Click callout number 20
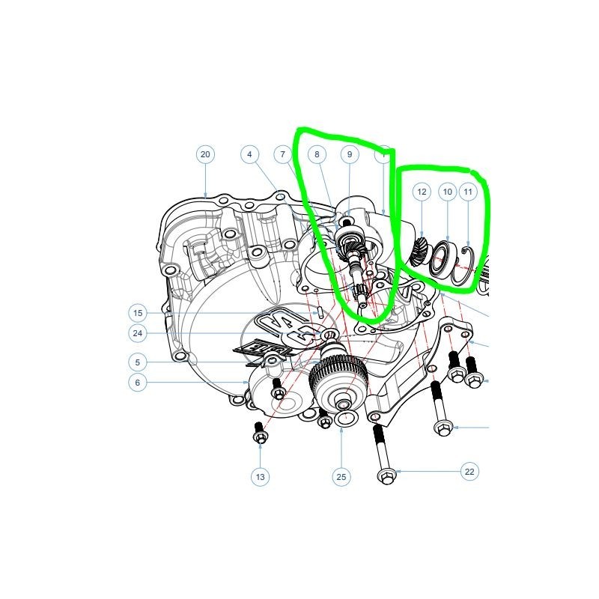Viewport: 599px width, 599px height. (205, 154)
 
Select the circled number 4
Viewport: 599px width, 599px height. (250, 154)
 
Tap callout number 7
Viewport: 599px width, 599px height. (283, 154)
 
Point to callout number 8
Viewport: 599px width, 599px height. (317, 154)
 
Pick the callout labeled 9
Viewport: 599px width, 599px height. (350, 154)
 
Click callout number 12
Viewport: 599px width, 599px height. (422, 192)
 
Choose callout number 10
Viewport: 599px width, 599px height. (448, 192)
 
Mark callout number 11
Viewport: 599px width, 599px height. (468, 192)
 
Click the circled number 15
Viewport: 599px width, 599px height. (138, 313)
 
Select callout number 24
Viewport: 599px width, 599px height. (138, 333)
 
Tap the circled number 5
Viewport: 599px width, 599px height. (138, 362)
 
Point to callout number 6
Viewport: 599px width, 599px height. (138, 383)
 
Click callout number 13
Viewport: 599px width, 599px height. (260, 477)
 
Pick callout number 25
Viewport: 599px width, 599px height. (341, 477)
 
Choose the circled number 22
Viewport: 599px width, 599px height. (469, 472)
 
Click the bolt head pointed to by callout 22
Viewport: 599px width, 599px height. (386, 476)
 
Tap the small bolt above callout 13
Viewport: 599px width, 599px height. (260, 433)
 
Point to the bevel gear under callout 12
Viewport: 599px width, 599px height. (421, 252)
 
